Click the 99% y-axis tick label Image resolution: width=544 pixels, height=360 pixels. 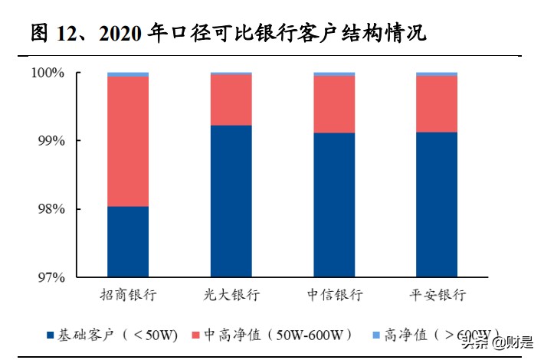click(50, 142)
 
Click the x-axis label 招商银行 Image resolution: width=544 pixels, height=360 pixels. click(129, 295)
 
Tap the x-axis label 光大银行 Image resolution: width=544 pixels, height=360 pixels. click(231, 295)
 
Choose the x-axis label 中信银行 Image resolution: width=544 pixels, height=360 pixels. click(334, 295)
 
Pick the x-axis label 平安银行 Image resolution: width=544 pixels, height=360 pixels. click(437, 295)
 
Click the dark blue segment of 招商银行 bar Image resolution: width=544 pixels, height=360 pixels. click(128, 241)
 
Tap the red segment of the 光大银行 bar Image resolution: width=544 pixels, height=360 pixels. click(231, 100)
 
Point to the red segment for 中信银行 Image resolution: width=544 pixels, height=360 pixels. click(334, 104)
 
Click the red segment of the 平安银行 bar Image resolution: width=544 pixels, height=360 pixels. click(437, 104)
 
